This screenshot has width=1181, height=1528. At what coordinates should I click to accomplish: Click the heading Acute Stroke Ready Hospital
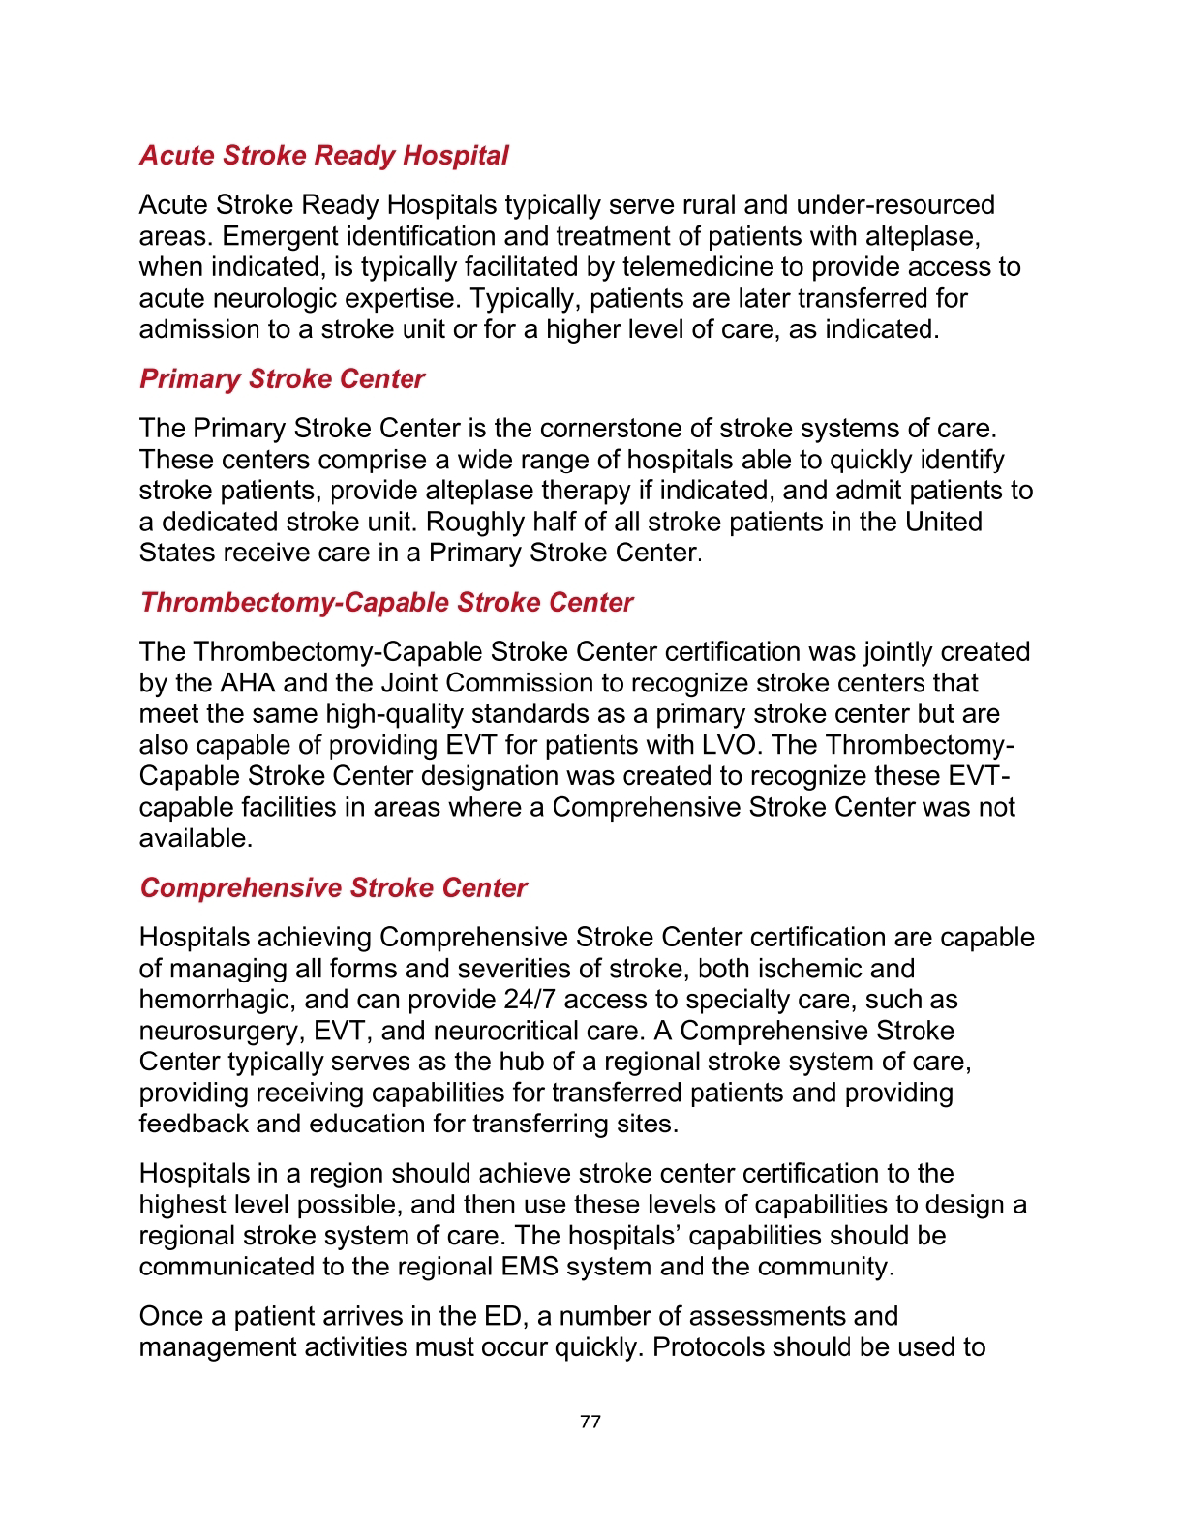[323, 156]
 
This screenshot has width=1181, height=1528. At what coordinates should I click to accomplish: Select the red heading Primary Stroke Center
[282, 379]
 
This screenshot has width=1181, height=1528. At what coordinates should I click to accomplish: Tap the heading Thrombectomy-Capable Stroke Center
[386, 603]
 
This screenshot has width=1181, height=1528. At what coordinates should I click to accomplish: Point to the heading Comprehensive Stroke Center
[333, 888]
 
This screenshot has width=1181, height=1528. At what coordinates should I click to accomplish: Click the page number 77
[590, 1422]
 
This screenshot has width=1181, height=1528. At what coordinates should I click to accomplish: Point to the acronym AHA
[248, 683]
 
